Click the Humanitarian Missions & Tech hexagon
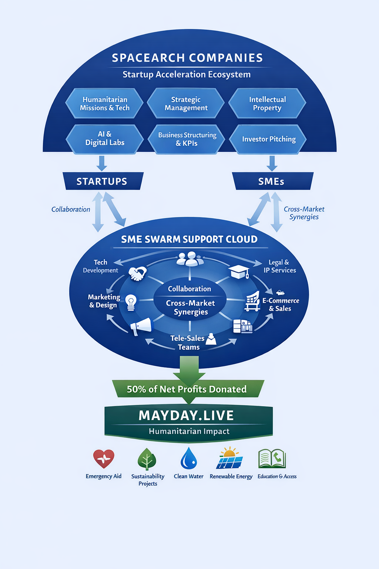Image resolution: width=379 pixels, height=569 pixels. tap(104, 103)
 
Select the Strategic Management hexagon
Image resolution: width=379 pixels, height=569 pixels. tap(186, 103)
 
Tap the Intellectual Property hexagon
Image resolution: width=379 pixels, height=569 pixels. tap(267, 103)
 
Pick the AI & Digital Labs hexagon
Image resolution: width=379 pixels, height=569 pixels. tap(105, 139)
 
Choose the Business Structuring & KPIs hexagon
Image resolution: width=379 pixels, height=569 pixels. tap(187, 139)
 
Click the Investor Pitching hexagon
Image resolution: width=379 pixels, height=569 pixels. tap(268, 139)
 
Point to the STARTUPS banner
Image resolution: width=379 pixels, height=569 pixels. tap(102, 181)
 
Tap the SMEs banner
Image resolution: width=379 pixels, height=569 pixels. tap(272, 181)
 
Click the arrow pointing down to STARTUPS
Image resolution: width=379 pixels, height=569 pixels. tap(102, 163)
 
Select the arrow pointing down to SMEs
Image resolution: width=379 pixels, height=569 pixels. tap(272, 163)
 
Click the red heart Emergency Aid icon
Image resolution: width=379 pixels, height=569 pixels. tap(104, 459)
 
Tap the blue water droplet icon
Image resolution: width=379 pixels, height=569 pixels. tap(189, 459)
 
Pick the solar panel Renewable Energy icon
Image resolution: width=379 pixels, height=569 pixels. tap(230, 459)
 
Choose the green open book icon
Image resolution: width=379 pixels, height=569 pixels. tap(272, 459)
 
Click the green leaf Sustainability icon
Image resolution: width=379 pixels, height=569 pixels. tap(147, 459)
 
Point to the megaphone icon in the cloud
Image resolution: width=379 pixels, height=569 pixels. tap(141, 326)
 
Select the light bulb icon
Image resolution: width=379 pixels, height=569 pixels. tap(131, 302)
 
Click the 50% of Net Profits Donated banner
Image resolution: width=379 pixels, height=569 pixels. tap(187, 389)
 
